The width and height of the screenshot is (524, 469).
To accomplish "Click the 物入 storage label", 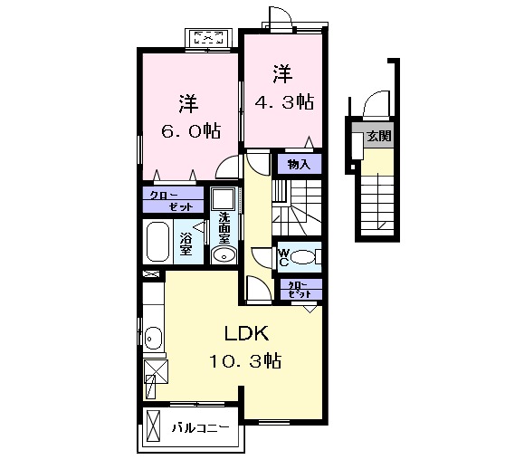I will (300, 164).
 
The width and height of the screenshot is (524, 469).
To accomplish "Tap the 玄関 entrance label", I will (379, 137).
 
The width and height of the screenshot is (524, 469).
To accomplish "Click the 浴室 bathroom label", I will (185, 243).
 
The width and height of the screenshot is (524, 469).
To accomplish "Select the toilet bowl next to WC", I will (307, 258).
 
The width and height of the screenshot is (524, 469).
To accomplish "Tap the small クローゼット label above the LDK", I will (300, 290).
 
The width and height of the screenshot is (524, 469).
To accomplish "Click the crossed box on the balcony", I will (155, 426).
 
